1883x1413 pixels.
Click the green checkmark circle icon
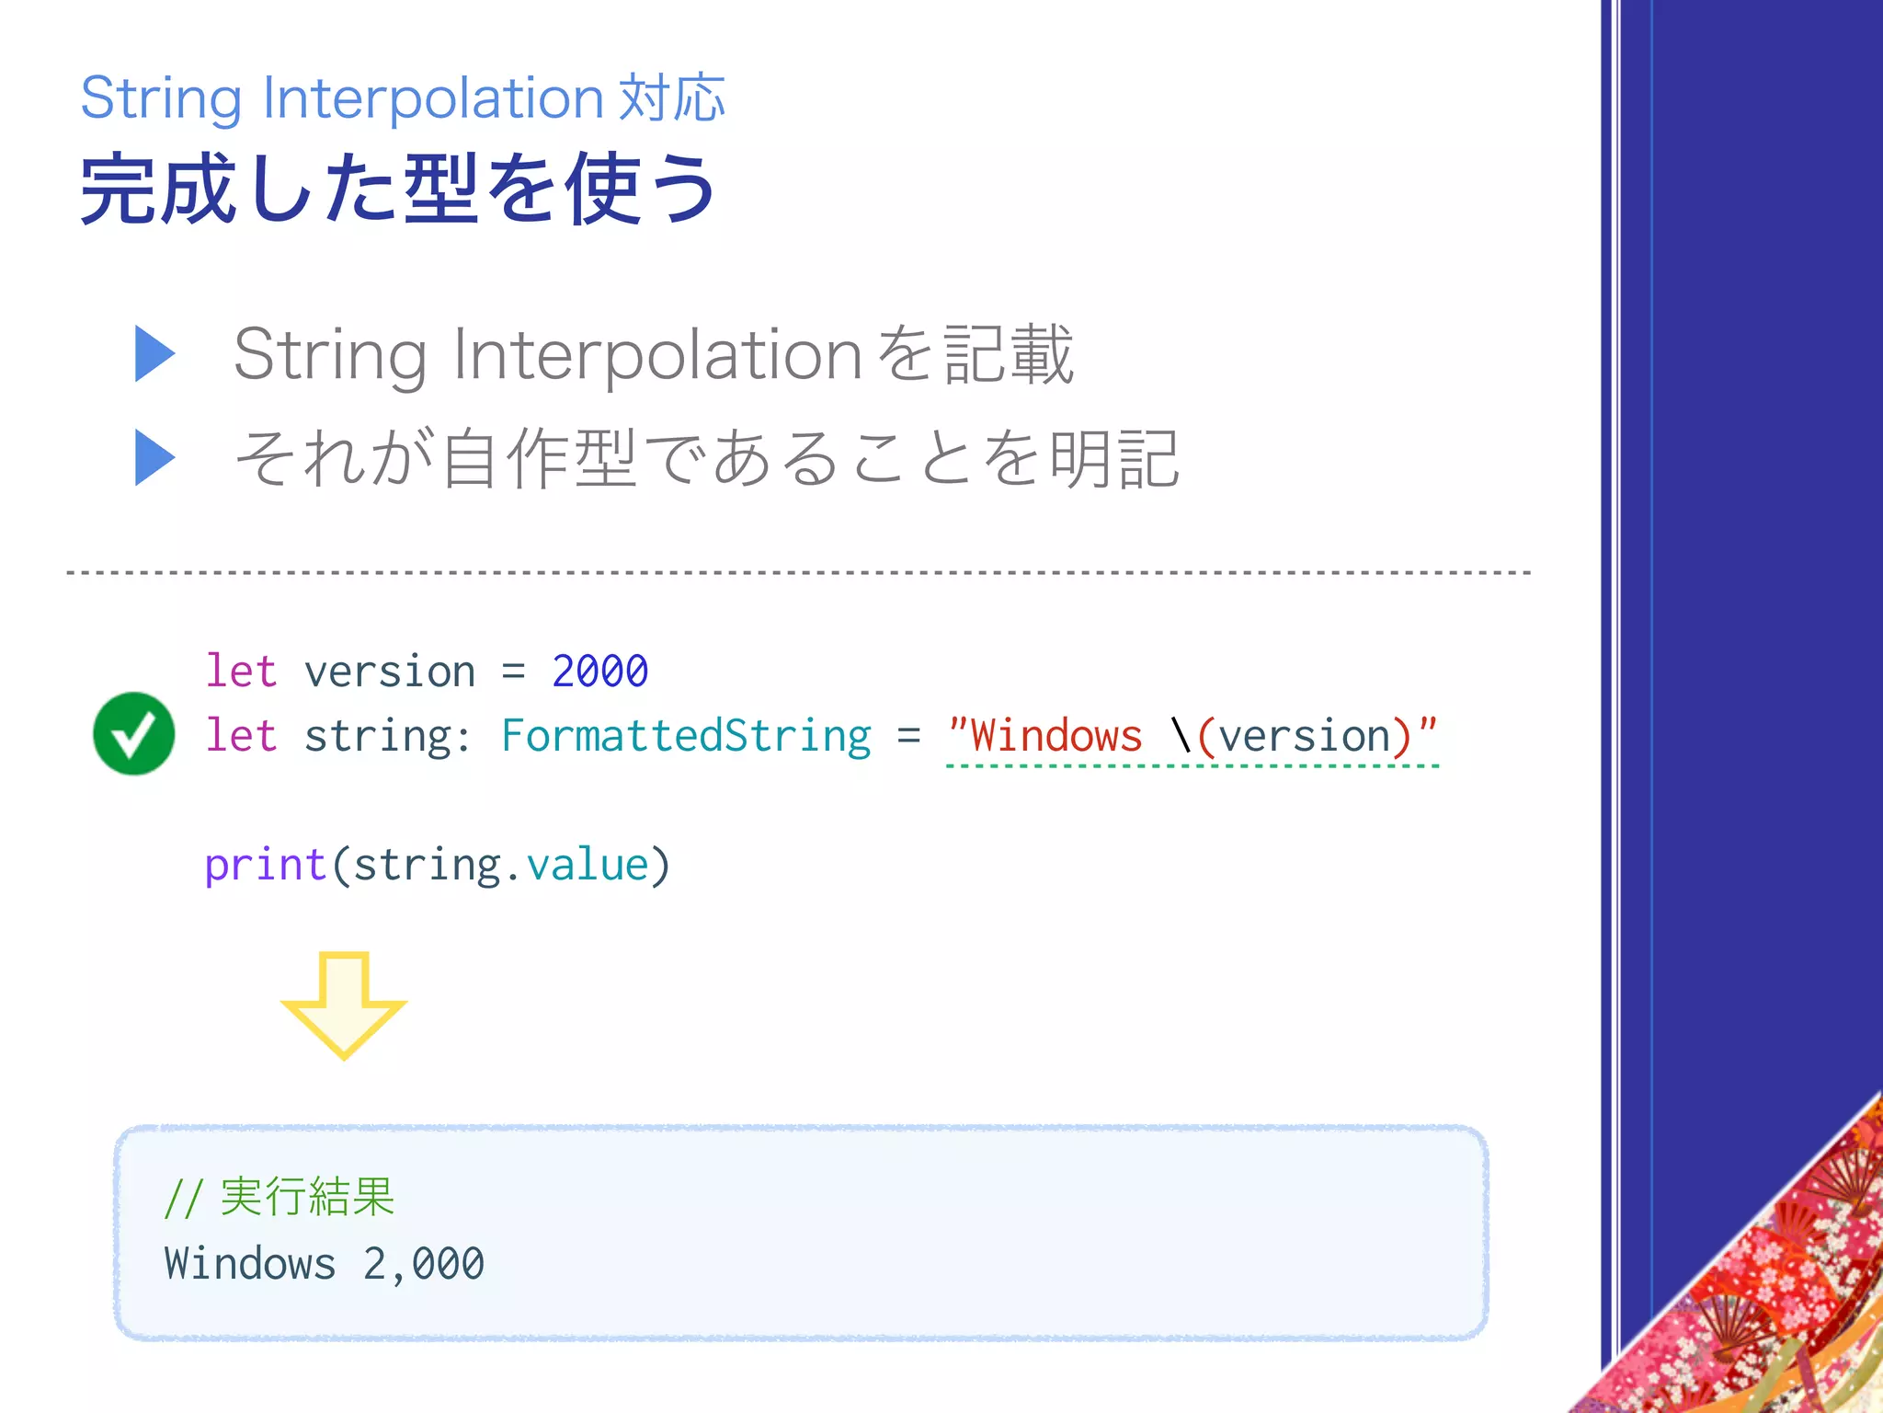(x=134, y=733)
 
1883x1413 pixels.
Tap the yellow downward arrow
(x=343, y=1005)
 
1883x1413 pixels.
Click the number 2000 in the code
(x=599, y=671)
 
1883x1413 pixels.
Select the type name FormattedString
(x=686, y=735)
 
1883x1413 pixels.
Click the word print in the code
(x=265, y=865)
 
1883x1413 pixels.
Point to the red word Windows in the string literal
(x=1056, y=735)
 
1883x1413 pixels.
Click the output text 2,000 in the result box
(x=423, y=1263)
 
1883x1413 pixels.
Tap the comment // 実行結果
(x=280, y=1197)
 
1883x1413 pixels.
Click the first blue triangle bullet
(x=154, y=353)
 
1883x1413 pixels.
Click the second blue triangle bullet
(x=154, y=457)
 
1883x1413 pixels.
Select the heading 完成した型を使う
(x=398, y=190)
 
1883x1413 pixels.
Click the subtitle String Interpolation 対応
(x=403, y=98)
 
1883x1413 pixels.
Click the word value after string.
(x=587, y=865)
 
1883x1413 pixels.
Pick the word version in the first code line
(x=390, y=671)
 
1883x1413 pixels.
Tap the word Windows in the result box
(x=250, y=1263)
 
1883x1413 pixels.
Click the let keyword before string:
(x=241, y=735)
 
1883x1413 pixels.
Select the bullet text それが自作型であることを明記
(x=706, y=458)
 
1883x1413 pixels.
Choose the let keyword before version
(x=241, y=671)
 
